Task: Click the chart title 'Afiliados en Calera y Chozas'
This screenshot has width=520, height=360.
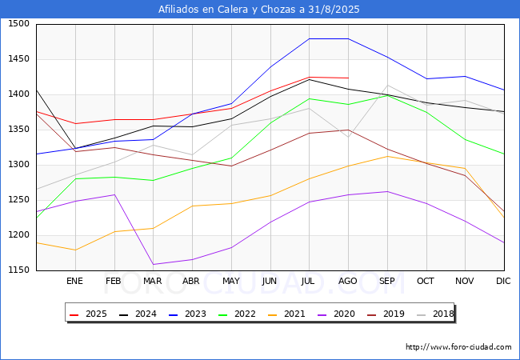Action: [x=229, y=10]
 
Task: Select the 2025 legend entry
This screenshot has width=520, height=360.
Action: [x=88, y=314]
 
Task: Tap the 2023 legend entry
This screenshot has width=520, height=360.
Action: [x=187, y=314]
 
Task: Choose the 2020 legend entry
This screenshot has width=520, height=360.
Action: [x=336, y=314]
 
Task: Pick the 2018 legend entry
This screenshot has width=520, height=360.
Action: [x=435, y=314]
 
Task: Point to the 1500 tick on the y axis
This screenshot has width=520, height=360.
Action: [x=19, y=24]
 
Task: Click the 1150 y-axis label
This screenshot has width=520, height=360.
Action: [x=19, y=270]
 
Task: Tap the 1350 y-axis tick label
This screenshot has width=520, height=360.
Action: [x=19, y=130]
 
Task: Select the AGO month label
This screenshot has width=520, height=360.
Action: [x=347, y=281]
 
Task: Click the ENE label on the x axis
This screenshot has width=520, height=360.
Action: [x=74, y=281]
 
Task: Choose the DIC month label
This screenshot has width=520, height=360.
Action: [x=503, y=281]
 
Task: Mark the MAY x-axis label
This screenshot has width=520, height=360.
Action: [x=231, y=281]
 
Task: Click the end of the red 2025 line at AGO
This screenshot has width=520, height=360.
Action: [x=348, y=78]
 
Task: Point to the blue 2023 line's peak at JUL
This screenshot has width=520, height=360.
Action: [x=310, y=38]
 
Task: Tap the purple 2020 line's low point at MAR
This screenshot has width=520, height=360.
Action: [x=154, y=264]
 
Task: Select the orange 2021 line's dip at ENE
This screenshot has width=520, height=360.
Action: [x=76, y=250]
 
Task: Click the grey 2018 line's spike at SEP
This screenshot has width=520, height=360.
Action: [x=387, y=85]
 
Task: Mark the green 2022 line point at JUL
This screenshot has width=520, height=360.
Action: [x=310, y=98]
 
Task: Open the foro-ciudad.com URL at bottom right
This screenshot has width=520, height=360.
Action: [x=458, y=347]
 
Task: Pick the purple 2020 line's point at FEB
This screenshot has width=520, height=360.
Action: [x=114, y=194]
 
